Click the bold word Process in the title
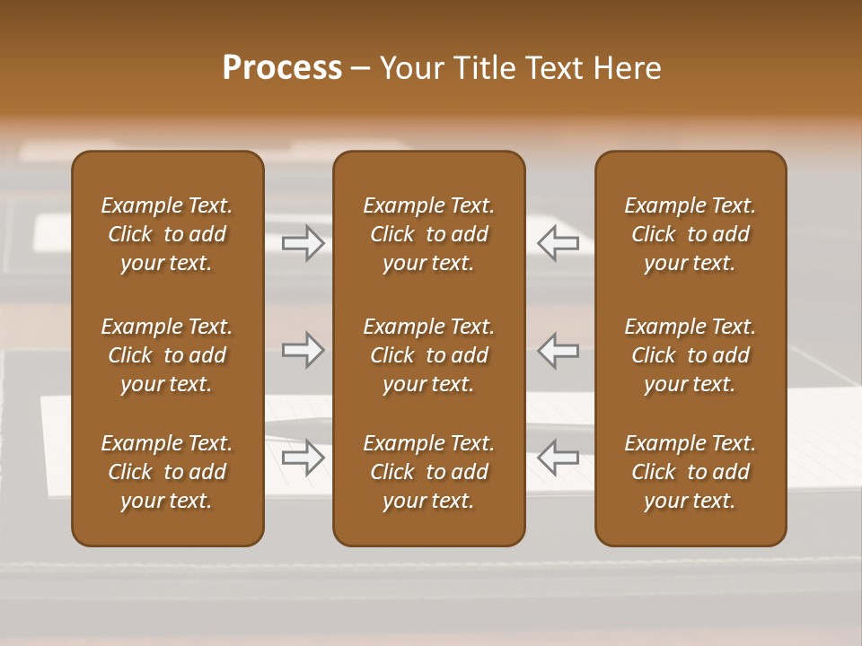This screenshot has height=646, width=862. point(282,68)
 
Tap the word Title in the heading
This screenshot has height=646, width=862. point(491,68)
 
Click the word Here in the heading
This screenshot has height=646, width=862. point(629,68)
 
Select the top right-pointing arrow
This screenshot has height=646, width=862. point(303,243)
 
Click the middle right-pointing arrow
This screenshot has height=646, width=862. point(303,350)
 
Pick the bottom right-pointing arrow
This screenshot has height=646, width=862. point(303,458)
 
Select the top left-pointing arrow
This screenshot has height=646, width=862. point(558,243)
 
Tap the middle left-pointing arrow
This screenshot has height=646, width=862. point(558,350)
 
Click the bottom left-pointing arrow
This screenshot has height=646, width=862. point(558,458)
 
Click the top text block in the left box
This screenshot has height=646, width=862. point(167,234)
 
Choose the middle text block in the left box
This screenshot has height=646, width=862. point(167,355)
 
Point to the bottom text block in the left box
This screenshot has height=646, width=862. point(167,472)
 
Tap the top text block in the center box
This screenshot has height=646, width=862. point(428,234)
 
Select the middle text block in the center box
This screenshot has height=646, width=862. point(428,355)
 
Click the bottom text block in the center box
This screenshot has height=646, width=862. point(428,472)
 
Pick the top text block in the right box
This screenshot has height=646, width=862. point(690,234)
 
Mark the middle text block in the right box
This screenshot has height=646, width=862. point(690,355)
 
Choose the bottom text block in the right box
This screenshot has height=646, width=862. point(690,472)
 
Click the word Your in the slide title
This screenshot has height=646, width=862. point(413,68)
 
